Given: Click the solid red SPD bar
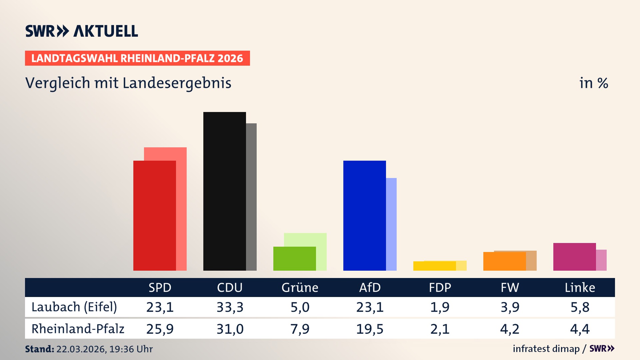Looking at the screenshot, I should pos(154,215).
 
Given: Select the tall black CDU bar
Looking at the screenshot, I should pos(224,191).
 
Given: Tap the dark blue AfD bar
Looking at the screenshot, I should pos(364,215).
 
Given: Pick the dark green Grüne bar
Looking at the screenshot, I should pos(294,258).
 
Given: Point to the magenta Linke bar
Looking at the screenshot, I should pos(574,257).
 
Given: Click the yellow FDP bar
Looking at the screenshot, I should pos(434,266).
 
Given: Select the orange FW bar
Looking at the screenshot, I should pos(504,261).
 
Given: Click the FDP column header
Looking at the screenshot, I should pos(440,287).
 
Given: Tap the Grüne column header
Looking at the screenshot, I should pos(300,287).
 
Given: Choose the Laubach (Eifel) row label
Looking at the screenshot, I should pos(74,307).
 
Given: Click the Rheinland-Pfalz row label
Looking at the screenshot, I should pos(78,329).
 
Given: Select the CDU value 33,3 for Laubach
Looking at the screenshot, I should pos(230,307).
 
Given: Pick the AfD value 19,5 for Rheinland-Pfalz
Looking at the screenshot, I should pos(370,329).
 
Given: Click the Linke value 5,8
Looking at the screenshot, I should pos(580,307).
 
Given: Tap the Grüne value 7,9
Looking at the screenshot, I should pos(300,329).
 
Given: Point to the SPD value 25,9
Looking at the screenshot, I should pos(160,329).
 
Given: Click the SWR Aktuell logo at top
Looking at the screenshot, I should pos(81,31).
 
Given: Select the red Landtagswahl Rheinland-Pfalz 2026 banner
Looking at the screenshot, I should pos(137,58).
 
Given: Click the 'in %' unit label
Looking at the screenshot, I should pos(593,83).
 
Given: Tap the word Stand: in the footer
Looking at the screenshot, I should pos(39,349).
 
